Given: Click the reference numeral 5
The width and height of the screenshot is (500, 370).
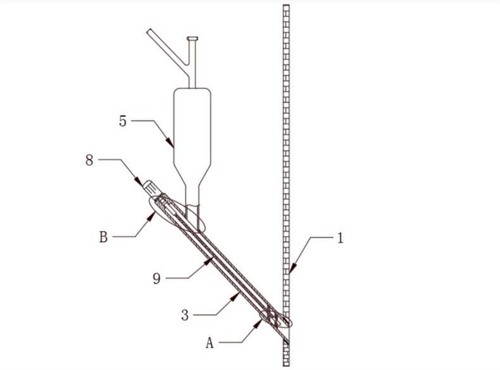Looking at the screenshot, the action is click(x=123, y=121).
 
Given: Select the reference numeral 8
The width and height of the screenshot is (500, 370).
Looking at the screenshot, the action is click(x=89, y=160).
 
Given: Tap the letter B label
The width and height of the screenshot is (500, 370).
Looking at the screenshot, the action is click(x=103, y=237).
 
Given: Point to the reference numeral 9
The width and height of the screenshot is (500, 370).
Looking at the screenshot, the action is click(x=156, y=278).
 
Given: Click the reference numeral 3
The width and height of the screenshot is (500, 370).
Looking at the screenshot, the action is click(x=185, y=315).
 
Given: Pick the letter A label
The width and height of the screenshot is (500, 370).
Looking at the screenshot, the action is click(x=209, y=343).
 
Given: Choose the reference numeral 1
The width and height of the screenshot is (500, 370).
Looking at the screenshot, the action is click(x=341, y=238).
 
